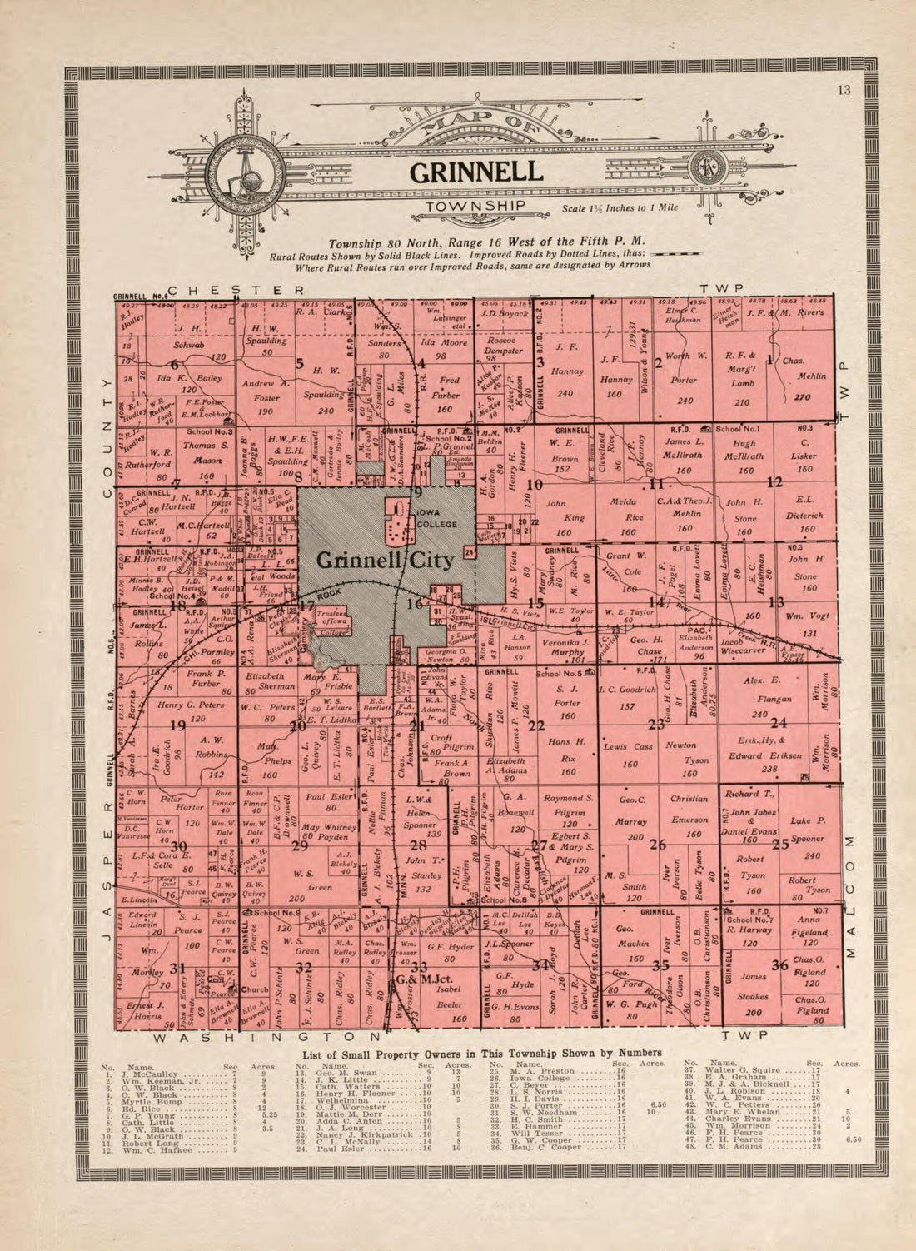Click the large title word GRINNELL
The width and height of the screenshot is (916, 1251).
pyautogui.click(x=475, y=172)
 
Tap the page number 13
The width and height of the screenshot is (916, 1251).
pyautogui.click(x=844, y=91)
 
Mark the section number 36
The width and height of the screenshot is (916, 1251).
pyautogui.click(x=779, y=965)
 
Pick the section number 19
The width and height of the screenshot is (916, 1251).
pyautogui.click(x=177, y=725)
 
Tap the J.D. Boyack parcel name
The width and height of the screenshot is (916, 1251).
pyautogui.click(x=504, y=313)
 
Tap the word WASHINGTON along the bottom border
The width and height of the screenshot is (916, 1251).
pyautogui.click(x=266, y=1038)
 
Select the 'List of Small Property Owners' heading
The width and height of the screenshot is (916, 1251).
pyautogui.click(x=480, y=1054)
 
